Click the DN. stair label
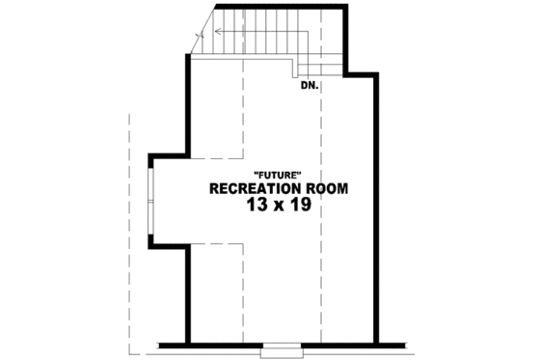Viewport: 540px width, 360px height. pos(309,85)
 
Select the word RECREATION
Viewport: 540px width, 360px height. pos(254,188)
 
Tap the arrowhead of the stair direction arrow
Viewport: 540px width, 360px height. pos(218,31)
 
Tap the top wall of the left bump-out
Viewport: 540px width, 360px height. pos(166,154)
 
